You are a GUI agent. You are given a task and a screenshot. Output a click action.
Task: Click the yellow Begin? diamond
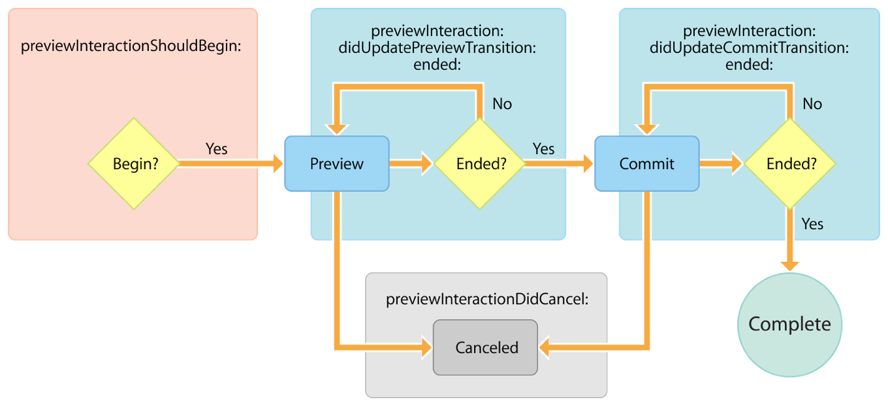(x=134, y=164)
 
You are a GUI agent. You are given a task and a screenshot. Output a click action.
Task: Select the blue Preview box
(x=337, y=164)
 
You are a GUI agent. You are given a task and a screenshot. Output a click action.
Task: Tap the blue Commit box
(x=646, y=164)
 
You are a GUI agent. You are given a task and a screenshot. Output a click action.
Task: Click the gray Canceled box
(x=486, y=348)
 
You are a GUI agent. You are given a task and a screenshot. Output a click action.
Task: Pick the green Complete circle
(x=789, y=324)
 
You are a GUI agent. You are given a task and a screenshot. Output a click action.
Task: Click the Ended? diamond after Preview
(x=480, y=164)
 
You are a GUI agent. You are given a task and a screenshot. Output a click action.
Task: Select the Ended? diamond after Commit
(x=790, y=164)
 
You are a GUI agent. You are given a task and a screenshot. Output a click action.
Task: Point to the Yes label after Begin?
(x=216, y=149)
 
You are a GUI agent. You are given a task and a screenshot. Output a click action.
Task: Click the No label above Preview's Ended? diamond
(x=501, y=104)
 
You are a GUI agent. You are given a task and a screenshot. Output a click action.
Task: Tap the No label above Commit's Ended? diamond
(x=812, y=104)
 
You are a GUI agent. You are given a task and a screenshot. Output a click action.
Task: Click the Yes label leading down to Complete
(x=812, y=224)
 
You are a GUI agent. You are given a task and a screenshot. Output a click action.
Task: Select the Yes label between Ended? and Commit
(x=543, y=149)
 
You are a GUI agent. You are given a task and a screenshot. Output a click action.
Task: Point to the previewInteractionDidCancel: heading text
(x=487, y=300)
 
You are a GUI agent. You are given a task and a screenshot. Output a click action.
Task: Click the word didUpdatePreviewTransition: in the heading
(x=437, y=48)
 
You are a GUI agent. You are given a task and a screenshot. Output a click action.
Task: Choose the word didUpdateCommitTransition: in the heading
(x=748, y=48)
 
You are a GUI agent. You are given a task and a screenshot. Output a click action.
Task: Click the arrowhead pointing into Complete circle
(x=790, y=264)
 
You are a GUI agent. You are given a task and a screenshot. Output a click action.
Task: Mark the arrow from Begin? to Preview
(x=229, y=164)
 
